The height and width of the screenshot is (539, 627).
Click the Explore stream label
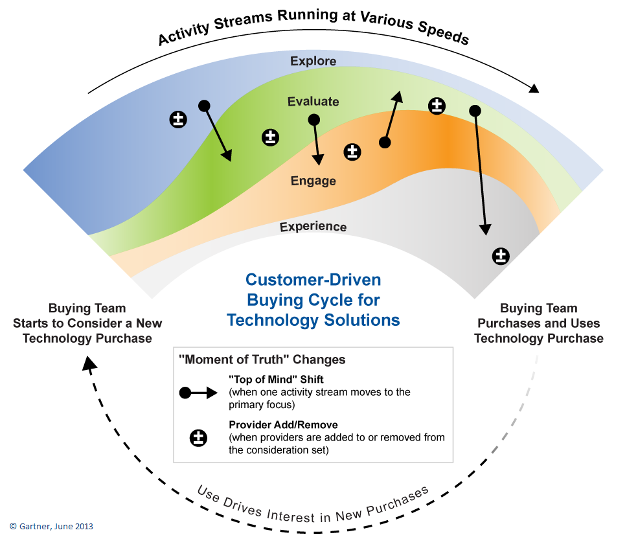tap(313, 61)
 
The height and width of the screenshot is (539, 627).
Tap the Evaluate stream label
tap(313, 101)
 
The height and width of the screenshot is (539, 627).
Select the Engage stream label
tap(313, 181)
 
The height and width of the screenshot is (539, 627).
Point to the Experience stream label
tap(313, 227)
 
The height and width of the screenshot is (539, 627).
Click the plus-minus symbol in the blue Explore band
tap(178, 119)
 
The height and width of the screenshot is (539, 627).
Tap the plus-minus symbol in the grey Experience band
tap(501, 256)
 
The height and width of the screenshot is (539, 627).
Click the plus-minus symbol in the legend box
tap(198, 438)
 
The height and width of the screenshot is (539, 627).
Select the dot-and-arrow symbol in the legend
tap(198, 393)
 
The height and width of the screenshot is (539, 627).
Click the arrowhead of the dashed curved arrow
tap(89, 363)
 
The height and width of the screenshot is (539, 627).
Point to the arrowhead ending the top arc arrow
tap(534, 88)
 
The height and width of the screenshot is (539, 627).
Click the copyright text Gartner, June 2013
tap(51, 526)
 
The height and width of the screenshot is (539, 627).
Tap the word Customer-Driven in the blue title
tap(313, 279)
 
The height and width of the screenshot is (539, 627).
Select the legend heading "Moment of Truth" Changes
tap(262, 360)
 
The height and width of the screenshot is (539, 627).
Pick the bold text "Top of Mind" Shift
tap(276, 380)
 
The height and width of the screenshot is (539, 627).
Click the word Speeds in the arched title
tap(443, 32)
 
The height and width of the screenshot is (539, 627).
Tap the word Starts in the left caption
tap(31, 323)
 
